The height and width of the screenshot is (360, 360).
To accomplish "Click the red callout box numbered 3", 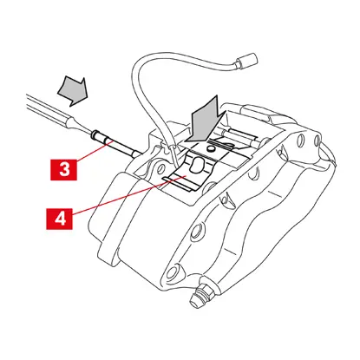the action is [x=63, y=169].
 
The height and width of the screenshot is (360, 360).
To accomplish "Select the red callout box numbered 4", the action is [x=60, y=219].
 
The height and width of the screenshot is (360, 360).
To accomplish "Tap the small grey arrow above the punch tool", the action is [x=73, y=91].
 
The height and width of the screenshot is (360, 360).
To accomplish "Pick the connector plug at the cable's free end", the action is [x=246, y=61].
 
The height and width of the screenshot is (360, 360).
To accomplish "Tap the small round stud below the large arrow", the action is [x=212, y=149].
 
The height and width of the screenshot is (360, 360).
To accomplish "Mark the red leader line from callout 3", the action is [x=94, y=149].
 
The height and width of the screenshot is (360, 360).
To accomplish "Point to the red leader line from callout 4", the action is [x=128, y=195].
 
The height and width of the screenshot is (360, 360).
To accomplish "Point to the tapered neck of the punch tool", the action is [x=81, y=128].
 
